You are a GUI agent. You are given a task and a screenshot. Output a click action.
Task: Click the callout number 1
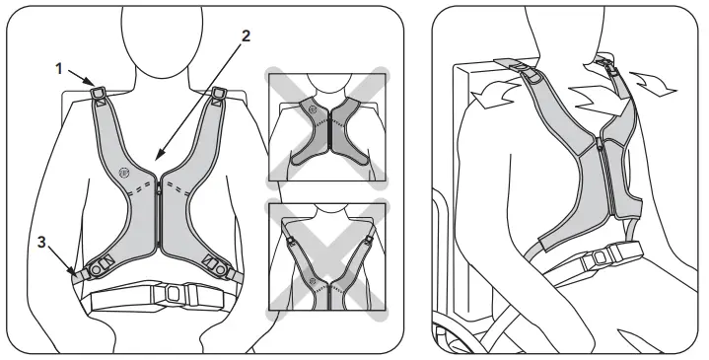(59, 70)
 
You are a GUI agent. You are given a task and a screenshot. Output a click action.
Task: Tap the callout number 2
(246, 36)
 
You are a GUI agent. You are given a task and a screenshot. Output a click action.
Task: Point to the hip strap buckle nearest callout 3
(99, 266)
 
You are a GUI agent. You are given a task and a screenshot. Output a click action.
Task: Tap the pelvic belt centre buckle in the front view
(173, 293)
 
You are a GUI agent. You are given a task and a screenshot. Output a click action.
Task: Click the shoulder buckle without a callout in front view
(219, 96)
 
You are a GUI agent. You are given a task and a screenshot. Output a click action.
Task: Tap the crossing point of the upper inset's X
(326, 129)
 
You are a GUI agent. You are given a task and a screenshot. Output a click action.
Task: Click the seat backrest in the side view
(464, 178)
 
